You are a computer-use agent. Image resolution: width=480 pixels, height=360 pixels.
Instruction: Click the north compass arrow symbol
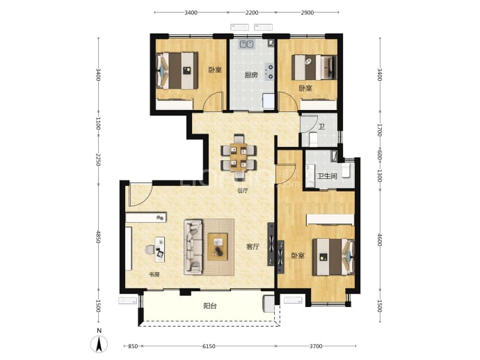99,345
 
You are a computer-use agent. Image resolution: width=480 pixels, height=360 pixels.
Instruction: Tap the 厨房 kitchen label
251,75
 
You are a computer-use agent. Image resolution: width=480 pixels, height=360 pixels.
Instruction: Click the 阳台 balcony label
210,306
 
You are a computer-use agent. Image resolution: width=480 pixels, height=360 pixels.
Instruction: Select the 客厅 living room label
253,246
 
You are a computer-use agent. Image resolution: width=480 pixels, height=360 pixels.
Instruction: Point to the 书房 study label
154,274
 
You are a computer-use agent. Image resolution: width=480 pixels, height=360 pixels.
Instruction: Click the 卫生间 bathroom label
327,176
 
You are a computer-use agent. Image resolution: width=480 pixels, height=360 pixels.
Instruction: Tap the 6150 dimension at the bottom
209,346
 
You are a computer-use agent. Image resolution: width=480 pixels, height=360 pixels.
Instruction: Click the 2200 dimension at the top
252,13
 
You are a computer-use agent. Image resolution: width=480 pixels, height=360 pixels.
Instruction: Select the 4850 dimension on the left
98,237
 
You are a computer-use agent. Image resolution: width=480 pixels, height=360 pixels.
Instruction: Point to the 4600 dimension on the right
380,240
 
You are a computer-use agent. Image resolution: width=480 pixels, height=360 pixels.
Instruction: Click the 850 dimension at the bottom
133,346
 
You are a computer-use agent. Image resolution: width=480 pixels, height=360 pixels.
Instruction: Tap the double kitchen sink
246,45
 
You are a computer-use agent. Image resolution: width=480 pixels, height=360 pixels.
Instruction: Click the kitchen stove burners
269,72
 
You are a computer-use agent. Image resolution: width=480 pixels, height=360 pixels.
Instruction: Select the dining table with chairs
239,157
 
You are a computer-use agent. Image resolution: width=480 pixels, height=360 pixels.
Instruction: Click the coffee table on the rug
218,247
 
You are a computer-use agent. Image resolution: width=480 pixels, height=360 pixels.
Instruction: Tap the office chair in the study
150,250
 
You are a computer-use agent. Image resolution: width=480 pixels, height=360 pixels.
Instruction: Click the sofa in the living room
193,246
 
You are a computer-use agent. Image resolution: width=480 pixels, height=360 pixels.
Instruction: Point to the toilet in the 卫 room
314,139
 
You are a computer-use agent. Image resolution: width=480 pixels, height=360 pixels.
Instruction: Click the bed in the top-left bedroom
177,71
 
